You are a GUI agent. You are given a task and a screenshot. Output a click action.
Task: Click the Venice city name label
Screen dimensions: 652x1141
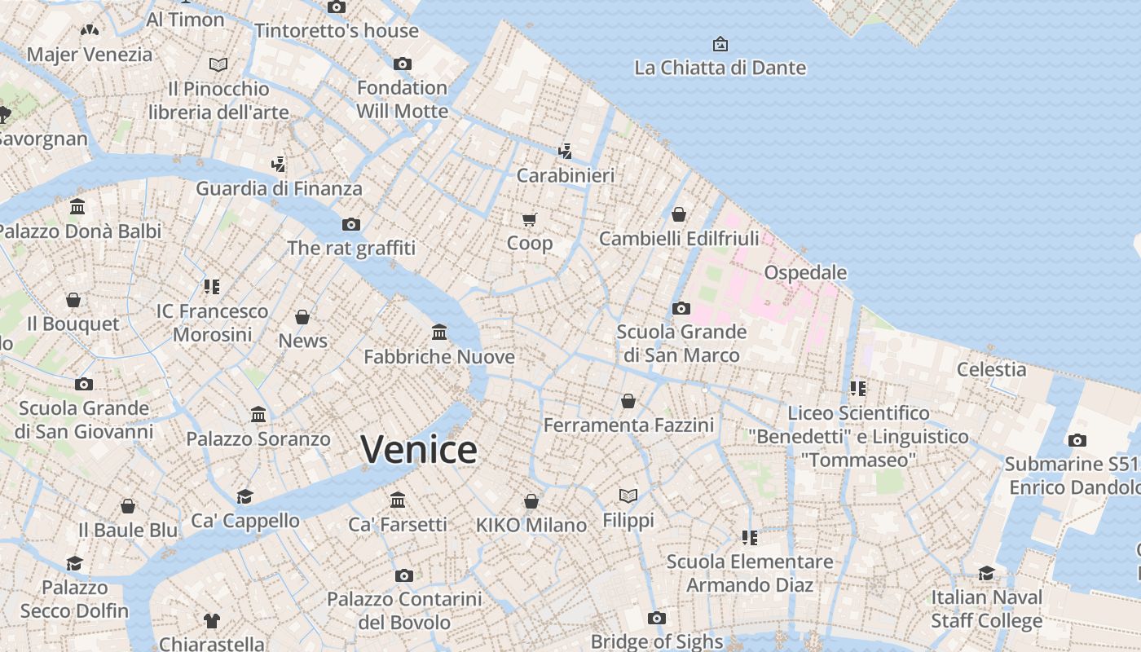(418, 450)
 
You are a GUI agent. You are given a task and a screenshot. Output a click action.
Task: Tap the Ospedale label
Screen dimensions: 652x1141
(805, 272)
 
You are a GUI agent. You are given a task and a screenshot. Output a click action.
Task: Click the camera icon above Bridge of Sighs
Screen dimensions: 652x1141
(657, 618)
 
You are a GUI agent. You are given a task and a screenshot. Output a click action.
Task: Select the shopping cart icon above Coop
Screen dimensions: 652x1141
(530, 218)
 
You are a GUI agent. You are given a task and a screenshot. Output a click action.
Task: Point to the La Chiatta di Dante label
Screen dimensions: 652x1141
(720, 68)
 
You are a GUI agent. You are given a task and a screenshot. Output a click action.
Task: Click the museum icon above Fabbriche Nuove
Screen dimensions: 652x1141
(439, 332)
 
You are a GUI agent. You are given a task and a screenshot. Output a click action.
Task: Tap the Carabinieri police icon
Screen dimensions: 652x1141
(566, 151)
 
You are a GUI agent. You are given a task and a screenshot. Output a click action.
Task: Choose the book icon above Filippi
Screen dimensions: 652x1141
(628, 496)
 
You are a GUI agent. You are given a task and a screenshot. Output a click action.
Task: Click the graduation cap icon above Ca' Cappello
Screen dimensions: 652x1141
(244, 496)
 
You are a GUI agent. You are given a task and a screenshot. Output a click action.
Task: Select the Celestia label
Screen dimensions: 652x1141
(991, 369)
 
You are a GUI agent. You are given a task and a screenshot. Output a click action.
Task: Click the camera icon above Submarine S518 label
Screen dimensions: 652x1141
(1077, 440)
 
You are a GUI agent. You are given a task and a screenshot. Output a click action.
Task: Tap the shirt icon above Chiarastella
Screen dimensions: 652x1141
(212, 620)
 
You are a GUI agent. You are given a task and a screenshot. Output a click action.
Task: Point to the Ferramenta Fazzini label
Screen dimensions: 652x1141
(628, 425)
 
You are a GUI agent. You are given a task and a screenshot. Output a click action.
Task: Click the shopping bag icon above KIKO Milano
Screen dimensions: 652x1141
(531, 500)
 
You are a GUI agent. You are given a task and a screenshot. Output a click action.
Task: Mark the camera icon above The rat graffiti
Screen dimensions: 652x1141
(351, 224)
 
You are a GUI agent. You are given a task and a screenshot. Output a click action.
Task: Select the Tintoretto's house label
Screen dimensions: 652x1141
(337, 31)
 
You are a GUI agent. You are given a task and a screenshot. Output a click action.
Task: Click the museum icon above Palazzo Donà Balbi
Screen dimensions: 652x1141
(77, 206)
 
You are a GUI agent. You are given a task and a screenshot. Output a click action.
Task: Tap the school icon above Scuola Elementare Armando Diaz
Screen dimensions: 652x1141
(750, 537)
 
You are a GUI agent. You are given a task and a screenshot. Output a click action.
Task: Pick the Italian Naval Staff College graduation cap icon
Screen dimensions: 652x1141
(987, 573)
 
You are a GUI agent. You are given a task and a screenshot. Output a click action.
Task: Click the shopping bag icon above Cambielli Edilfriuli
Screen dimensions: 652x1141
(679, 214)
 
